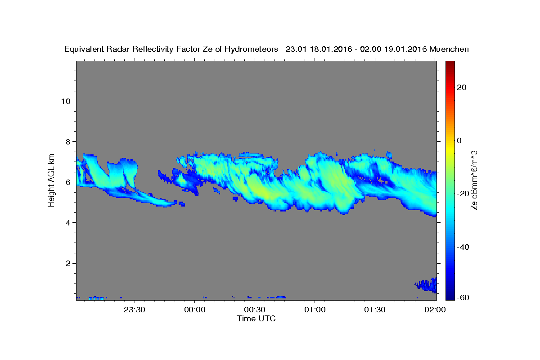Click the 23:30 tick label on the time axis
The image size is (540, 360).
click(x=134, y=310)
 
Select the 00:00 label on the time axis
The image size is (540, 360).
click(x=194, y=310)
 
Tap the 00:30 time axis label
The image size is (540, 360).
click(x=255, y=310)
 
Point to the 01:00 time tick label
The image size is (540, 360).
click(x=315, y=310)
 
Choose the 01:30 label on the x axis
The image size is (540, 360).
click(x=374, y=310)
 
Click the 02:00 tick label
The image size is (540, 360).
click(x=435, y=310)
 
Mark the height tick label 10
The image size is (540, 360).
click(x=66, y=101)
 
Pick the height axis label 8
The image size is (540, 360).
click(x=68, y=142)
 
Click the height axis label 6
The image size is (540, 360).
click(x=68, y=182)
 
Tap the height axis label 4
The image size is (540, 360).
click(x=68, y=223)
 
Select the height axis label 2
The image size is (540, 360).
click(x=68, y=263)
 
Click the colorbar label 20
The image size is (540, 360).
click(x=462, y=87)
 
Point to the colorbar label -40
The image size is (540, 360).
click(x=463, y=247)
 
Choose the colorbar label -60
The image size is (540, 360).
click(x=463, y=297)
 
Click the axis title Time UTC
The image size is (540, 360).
click(x=256, y=319)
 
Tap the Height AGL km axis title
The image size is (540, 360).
click(x=51, y=180)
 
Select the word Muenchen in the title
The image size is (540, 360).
click(x=449, y=49)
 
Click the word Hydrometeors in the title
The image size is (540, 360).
click(x=251, y=49)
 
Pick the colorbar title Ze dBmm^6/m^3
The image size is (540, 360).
click(x=474, y=180)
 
